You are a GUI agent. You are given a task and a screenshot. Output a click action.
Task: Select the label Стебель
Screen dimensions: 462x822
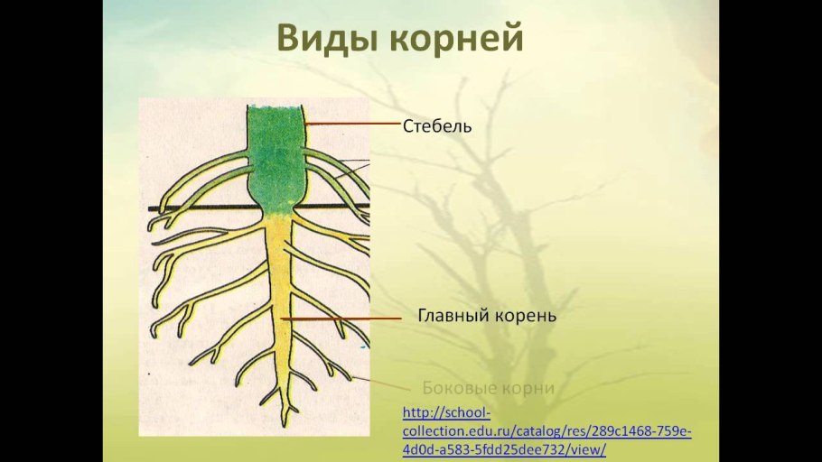[x=437, y=126]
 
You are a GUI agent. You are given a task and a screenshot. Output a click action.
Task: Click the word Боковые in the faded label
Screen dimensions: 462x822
[x=462, y=388]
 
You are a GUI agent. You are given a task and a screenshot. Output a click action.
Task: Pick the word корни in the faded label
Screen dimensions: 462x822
[x=529, y=389]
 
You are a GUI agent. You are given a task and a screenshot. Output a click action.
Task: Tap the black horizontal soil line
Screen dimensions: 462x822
[x=181, y=209]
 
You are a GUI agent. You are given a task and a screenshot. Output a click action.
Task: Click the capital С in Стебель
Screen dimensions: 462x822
[x=408, y=126]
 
